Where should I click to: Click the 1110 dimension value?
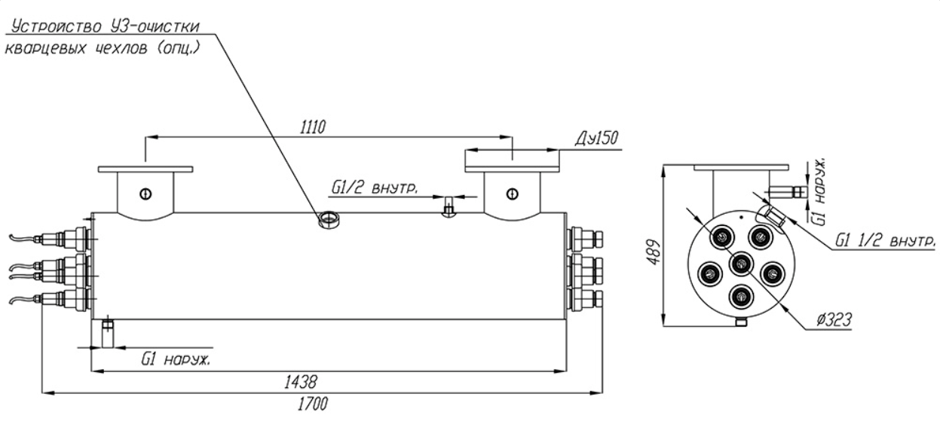click(313, 127)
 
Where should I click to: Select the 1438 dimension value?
click(301, 382)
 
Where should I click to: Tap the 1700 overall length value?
click(313, 404)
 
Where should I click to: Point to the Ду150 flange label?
click(596, 139)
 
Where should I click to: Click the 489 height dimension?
click(653, 252)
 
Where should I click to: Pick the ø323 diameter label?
click(834, 320)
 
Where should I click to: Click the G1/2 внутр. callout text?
click(375, 188)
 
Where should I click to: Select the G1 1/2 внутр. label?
click(885, 240)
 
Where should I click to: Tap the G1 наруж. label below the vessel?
click(176, 359)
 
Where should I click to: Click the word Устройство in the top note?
click(56, 27)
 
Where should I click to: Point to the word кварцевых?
click(45, 48)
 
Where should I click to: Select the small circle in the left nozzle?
click(145, 194)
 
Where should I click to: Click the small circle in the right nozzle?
click(513, 194)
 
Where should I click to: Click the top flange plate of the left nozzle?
click(145, 169)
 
